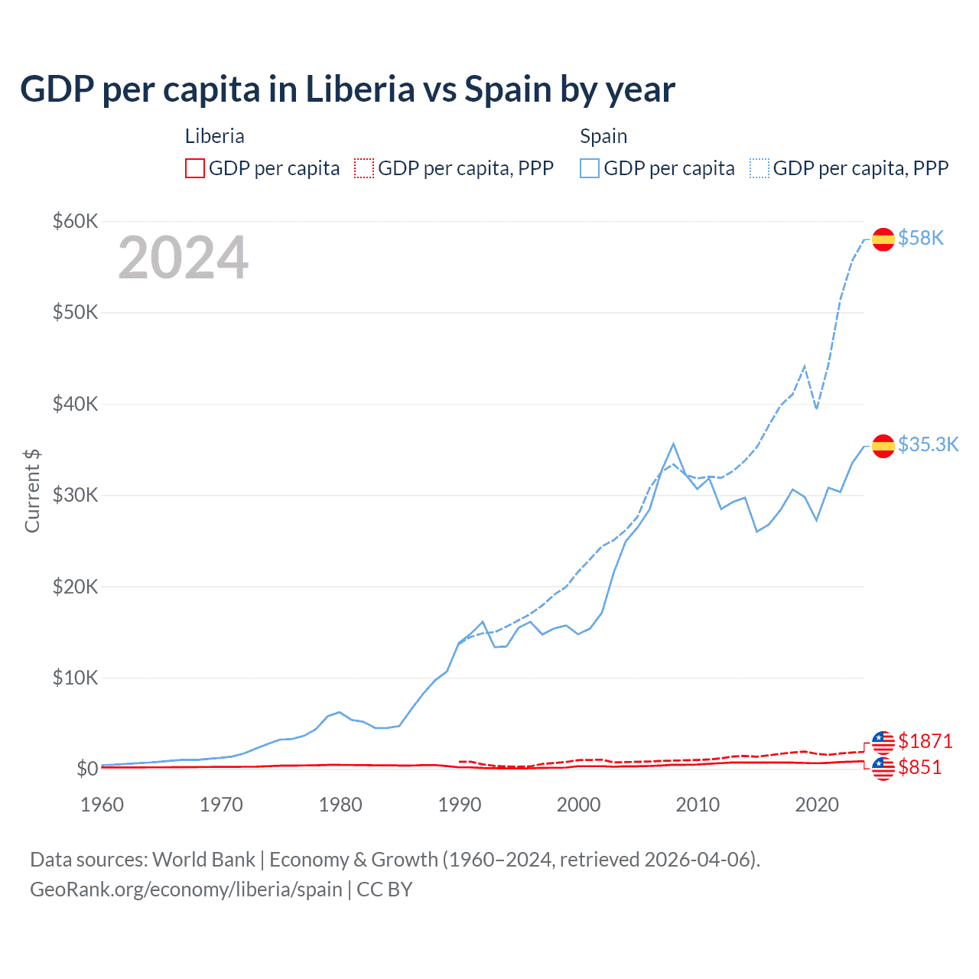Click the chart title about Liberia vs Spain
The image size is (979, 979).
point(347,89)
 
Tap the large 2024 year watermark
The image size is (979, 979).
point(184,258)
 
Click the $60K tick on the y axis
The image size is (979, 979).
point(75,222)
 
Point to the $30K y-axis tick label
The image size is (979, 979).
point(75,495)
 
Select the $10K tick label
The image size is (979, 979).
point(75,678)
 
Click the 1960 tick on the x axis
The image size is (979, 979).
point(102,805)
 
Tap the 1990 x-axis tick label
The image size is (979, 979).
point(460,805)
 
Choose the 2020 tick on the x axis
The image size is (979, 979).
point(817,805)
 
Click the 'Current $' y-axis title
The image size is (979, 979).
point(32,491)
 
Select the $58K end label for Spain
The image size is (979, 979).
point(921,238)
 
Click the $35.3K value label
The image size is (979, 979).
point(928,444)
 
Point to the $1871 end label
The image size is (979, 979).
point(925,741)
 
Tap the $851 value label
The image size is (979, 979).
point(920,767)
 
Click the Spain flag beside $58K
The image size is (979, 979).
point(883,239)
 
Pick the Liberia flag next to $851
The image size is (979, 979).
point(883,769)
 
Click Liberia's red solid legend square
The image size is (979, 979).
point(195,168)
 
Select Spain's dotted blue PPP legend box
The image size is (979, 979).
point(759,168)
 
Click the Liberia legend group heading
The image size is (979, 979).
point(215,136)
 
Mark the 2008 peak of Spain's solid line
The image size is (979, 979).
point(673,444)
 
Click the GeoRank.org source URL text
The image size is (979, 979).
point(186,890)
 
